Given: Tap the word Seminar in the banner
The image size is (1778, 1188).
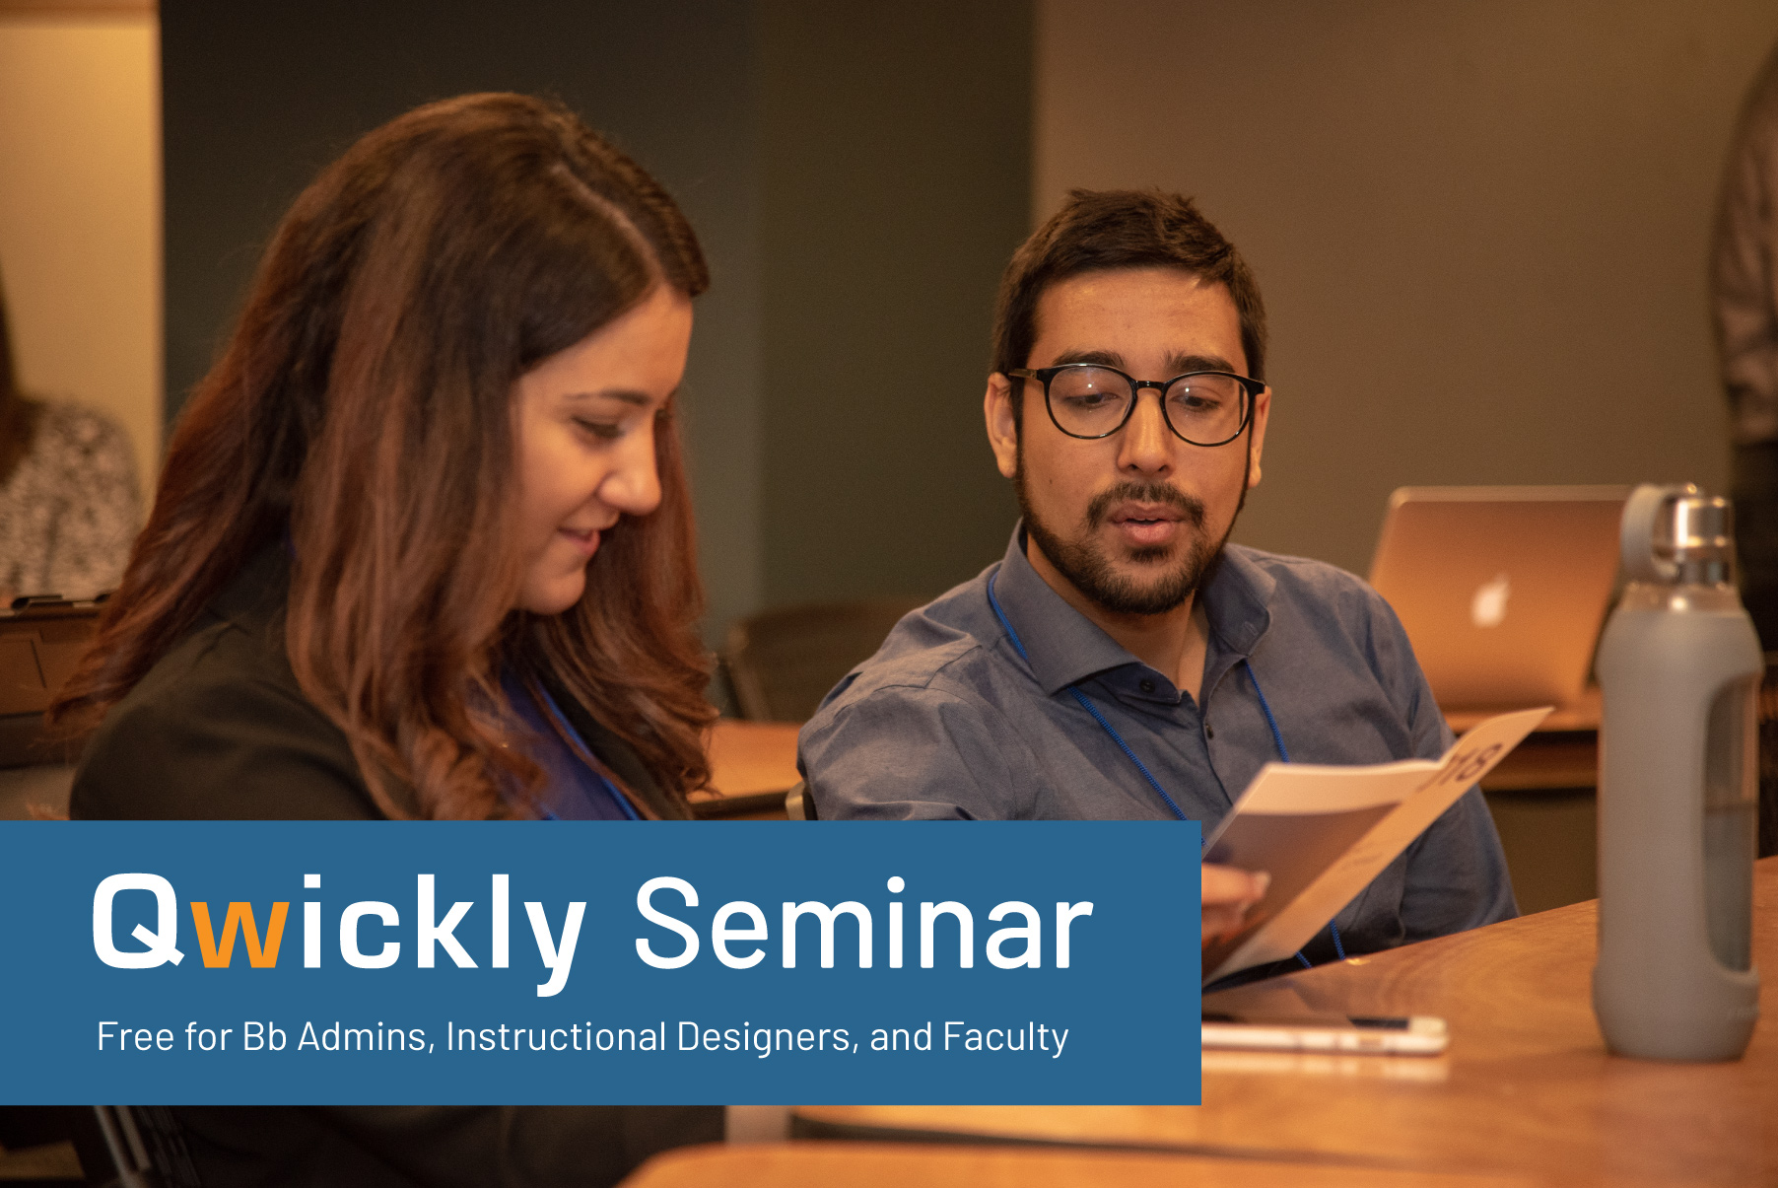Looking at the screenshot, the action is [x=863, y=924].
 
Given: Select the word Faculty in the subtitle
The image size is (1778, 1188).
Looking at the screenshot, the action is [x=1005, y=1038].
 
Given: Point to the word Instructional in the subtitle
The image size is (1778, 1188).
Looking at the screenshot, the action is [x=557, y=1037].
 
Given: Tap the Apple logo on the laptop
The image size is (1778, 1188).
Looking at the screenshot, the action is [x=1491, y=601].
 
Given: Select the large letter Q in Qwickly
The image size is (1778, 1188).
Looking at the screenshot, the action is [x=138, y=921].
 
